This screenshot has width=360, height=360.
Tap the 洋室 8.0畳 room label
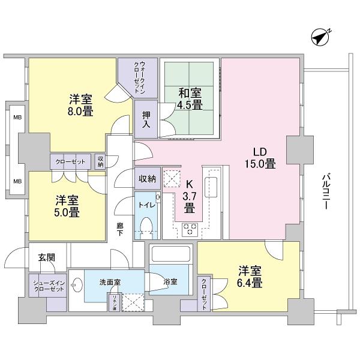pos(80,105)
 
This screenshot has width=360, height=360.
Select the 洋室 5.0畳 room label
pos(67,206)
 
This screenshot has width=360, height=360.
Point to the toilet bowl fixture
pos(146,227)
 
